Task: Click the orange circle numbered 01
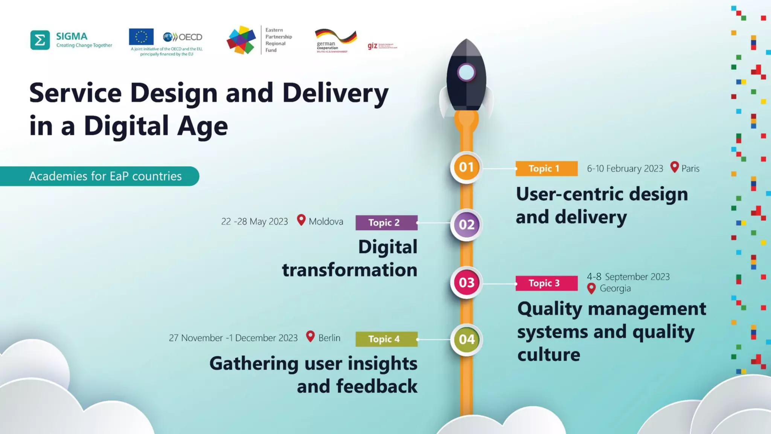point(466,167)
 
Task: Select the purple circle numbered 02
point(466,225)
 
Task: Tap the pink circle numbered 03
point(466,282)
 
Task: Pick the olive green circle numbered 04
point(466,339)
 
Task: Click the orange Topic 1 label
point(546,168)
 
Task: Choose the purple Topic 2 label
point(386,223)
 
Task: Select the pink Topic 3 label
point(546,283)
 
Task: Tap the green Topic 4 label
point(386,339)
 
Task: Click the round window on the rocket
point(466,72)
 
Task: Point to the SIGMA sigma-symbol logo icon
point(40,40)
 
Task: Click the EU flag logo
point(141,37)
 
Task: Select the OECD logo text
point(190,37)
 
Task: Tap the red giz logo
point(372,46)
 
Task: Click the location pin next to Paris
point(674,167)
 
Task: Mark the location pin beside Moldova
point(301,220)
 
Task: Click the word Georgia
point(615,289)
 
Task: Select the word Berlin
point(329,338)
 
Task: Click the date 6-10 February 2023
point(625,168)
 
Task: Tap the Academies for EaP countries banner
point(105,176)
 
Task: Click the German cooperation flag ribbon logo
point(335,36)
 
